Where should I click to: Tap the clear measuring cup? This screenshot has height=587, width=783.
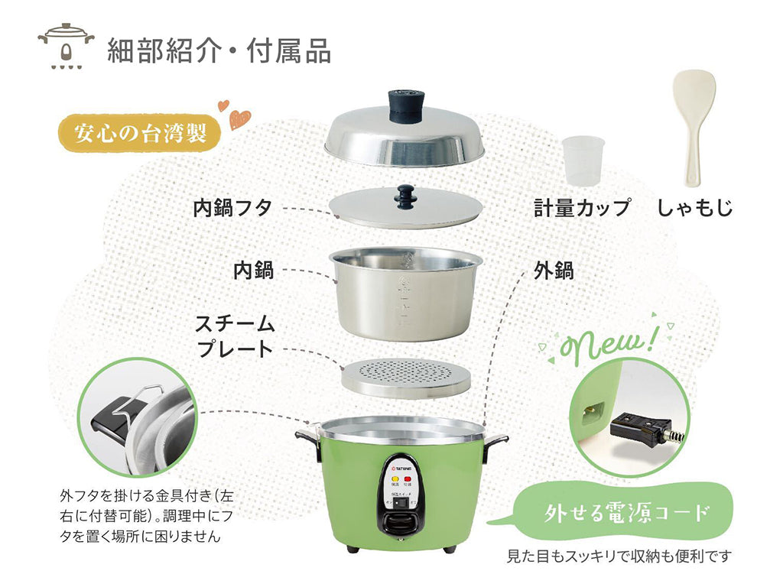[x=583, y=161]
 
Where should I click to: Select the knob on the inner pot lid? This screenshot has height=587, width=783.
[x=405, y=196]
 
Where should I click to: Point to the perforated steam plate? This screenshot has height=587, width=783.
[x=404, y=377]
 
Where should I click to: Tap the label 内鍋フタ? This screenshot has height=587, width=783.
[x=232, y=207]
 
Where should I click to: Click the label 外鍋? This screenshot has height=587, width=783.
[x=553, y=270]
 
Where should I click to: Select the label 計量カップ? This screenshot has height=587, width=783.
[x=582, y=207]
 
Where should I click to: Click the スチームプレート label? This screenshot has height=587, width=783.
[x=235, y=336]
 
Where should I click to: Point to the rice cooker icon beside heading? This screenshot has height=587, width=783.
[x=66, y=47]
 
